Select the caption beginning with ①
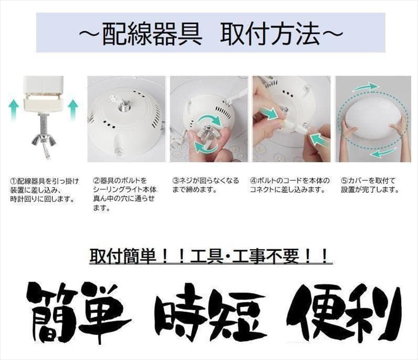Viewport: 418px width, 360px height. (x=44, y=190)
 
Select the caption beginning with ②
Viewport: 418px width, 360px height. (x=126, y=194)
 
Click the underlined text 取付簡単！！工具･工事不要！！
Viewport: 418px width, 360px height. (x=209, y=257)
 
